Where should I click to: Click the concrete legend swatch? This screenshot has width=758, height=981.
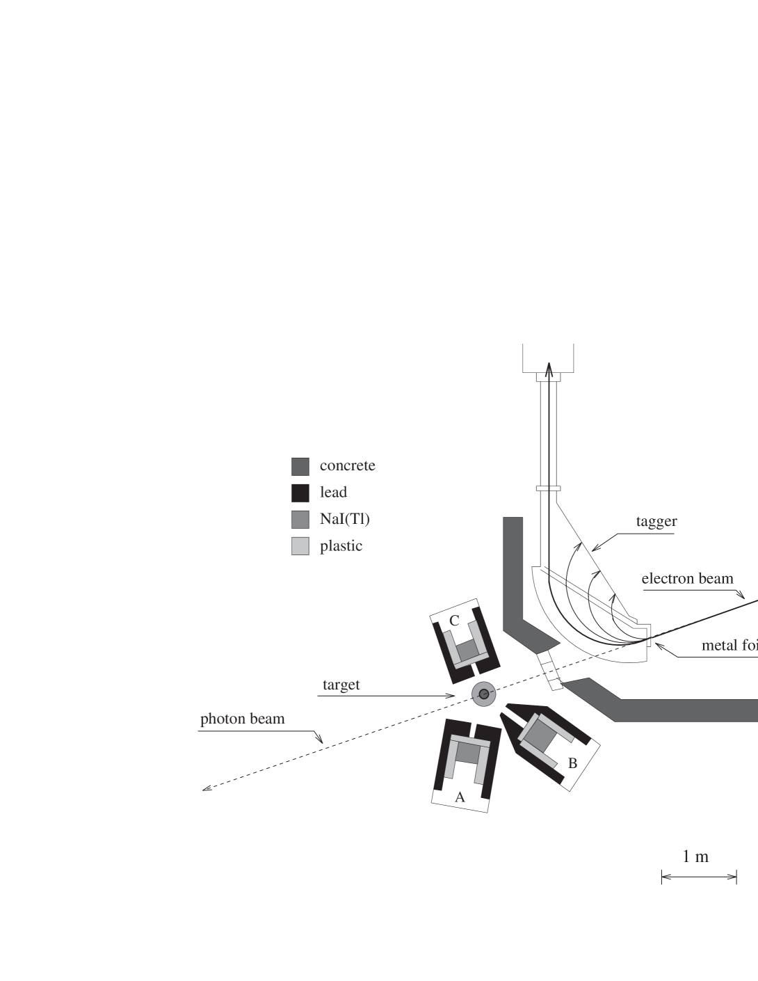pos(300,466)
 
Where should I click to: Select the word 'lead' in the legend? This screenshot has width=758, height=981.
pos(333,493)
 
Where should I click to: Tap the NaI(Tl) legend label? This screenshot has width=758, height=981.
pos(344,519)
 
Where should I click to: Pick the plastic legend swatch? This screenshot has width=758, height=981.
pos(300,546)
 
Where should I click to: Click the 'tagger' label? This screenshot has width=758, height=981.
pos(656,521)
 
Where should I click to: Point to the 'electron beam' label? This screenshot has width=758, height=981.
pos(687,579)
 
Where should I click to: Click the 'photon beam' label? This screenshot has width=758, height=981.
pos(242,719)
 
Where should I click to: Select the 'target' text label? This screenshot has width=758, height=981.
pos(341,685)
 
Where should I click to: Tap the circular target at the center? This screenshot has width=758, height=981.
pos(483,694)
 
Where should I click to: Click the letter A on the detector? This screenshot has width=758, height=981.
pos(460,797)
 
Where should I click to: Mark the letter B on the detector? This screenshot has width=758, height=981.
pos(572,763)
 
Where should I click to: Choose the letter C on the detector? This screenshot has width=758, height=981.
pos(453,621)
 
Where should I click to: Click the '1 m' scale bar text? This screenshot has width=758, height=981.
pos(695,856)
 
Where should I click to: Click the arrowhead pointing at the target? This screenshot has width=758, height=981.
pos(453,696)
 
